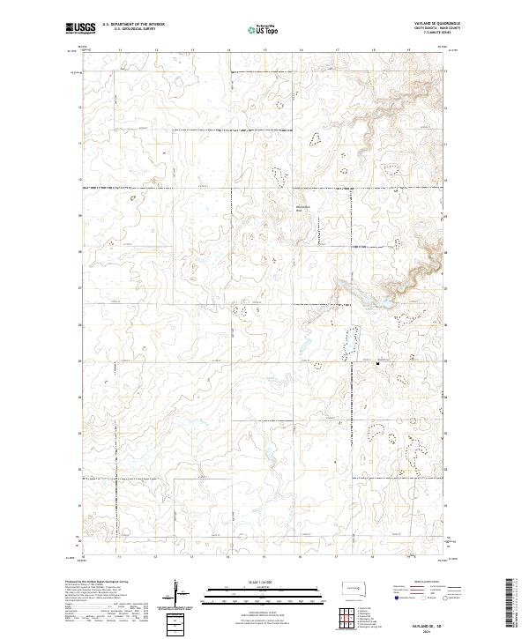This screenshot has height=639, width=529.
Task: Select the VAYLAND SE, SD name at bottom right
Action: [x=431, y=623]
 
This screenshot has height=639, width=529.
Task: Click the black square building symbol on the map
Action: [x=378, y=361]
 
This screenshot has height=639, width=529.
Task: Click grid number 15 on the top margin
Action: [x=264, y=50]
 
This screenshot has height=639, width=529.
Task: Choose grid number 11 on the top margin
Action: [x=119, y=50]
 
